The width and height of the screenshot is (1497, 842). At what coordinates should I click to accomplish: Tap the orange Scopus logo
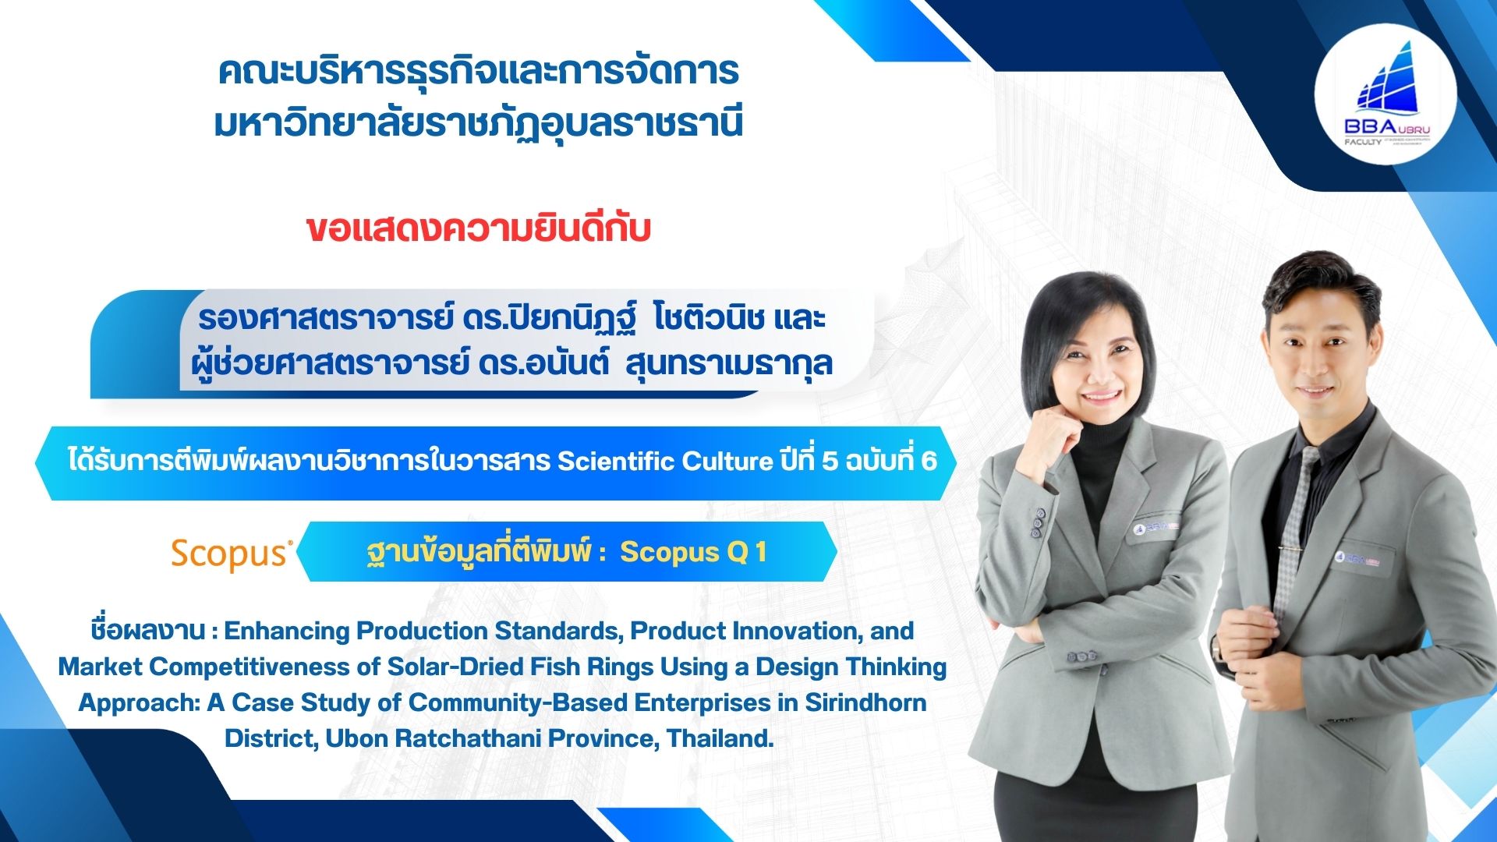[x=232, y=554]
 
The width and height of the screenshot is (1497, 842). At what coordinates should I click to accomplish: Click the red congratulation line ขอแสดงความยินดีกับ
[x=478, y=229]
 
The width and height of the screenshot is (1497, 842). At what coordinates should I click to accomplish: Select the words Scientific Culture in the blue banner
[x=665, y=461]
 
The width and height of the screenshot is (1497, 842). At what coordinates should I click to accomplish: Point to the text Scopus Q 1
[x=693, y=552]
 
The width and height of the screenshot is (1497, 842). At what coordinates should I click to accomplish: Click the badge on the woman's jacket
[x=1157, y=528]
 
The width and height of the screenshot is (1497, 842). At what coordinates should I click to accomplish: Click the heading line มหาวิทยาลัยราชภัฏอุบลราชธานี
[x=478, y=123]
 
